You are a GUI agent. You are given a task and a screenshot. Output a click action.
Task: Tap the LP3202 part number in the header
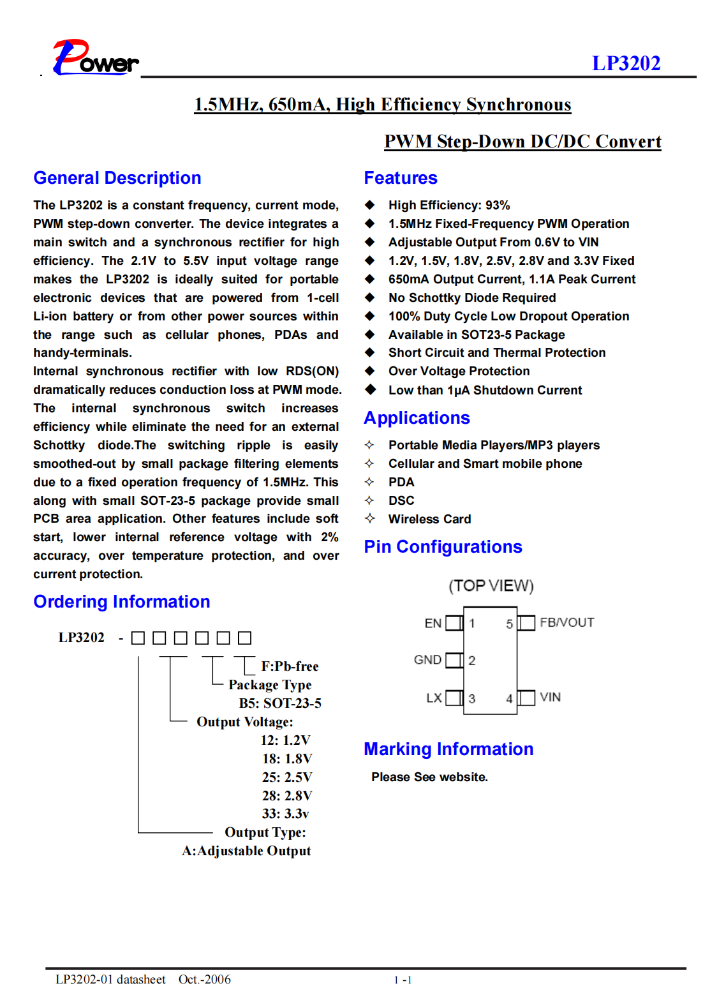tap(626, 63)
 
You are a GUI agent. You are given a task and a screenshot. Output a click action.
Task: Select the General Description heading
tap(117, 178)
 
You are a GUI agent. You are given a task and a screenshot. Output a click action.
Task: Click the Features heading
tap(401, 178)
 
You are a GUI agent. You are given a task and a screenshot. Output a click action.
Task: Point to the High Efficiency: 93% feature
tap(449, 206)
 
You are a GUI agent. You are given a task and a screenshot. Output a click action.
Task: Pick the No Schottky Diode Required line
tap(472, 298)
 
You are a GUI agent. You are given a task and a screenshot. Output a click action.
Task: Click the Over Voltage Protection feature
tap(459, 371)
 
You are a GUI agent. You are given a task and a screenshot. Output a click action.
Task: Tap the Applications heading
tap(417, 418)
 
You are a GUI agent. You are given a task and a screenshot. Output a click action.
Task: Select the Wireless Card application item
tap(429, 520)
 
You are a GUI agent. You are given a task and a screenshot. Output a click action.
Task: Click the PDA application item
tap(401, 483)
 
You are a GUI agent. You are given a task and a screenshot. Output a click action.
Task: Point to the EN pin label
tap(433, 624)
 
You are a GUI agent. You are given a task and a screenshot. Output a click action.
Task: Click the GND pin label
tap(427, 660)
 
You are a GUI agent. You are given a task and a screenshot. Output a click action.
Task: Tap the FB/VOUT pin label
tap(567, 623)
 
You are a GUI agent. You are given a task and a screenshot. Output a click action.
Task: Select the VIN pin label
tap(551, 698)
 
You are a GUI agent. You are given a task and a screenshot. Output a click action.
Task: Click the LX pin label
tap(434, 698)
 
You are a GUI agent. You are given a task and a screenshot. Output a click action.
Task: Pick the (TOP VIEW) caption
tap(491, 586)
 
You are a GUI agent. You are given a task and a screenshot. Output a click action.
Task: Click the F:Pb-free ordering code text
tap(290, 666)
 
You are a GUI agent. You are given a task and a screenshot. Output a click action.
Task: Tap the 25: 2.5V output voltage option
tap(287, 777)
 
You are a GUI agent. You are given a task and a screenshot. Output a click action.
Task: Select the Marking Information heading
tap(448, 749)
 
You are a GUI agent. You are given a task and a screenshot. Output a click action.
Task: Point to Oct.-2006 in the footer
tap(205, 980)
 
